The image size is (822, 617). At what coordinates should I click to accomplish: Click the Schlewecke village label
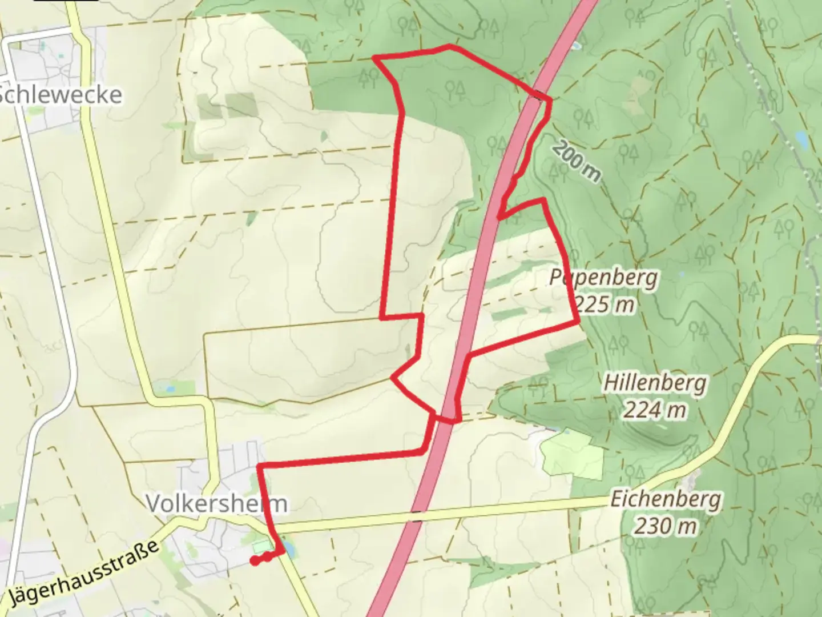click(x=60, y=95)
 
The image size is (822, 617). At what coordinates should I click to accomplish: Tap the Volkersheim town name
click(x=217, y=504)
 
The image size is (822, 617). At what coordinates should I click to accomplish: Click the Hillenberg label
click(x=655, y=383)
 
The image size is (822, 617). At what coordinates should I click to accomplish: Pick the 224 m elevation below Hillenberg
click(x=654, y=409)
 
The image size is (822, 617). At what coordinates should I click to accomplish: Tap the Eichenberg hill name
click(x=665, y=500)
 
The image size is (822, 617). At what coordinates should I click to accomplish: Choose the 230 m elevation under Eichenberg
click(x=665, y=526)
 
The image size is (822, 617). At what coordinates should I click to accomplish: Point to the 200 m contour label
click(x=576, y=161)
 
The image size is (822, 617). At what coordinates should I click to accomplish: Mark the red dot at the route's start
click(x=255, y=560)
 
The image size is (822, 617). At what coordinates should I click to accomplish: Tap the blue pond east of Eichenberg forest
click(x=801, y=138)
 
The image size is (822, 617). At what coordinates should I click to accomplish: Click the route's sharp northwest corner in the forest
click(x=374, y=57)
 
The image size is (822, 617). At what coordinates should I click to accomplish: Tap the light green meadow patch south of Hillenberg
click(x=572, y=455)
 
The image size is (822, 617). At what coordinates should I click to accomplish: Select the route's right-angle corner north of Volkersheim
click(x=260, y=467)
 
